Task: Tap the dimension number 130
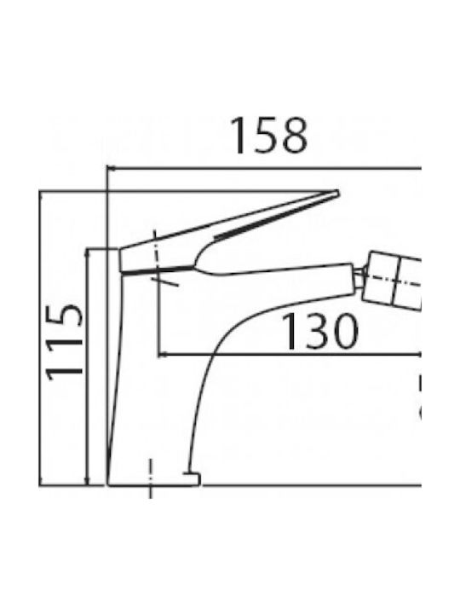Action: coord(319,331)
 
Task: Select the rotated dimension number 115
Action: coord(65,341)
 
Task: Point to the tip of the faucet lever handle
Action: coord(337,192)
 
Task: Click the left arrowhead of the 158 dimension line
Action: coord(111,169)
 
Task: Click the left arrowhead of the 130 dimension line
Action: coord(163,355)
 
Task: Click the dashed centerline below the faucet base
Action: coord(151,478)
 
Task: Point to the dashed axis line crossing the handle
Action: coord(158,257)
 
